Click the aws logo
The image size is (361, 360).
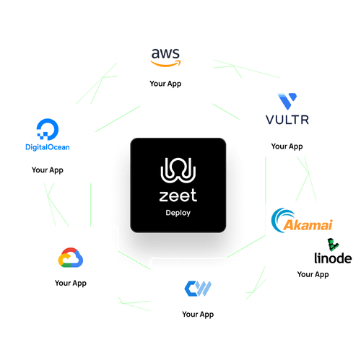click(x=165, y=56)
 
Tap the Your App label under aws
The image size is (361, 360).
click(x=165, y=84)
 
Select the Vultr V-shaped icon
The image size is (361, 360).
click(x=287, y=101)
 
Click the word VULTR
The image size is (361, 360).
click(x=287, y=120)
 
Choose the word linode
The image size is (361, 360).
click(x=332, y=258)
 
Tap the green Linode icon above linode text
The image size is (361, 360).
click(x=331, y=243)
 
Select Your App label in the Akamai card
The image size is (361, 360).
click(x=313, y=274)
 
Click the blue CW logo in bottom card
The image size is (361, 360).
click(x=198, y=288)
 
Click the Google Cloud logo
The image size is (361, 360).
click(x=70, y=257)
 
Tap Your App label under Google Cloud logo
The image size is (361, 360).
click(x=71, y=283)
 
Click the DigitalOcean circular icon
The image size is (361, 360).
click(x=48, y=131)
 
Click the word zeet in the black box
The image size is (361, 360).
click(x=178, y=196)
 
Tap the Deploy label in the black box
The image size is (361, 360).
click(x=178, y=214)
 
